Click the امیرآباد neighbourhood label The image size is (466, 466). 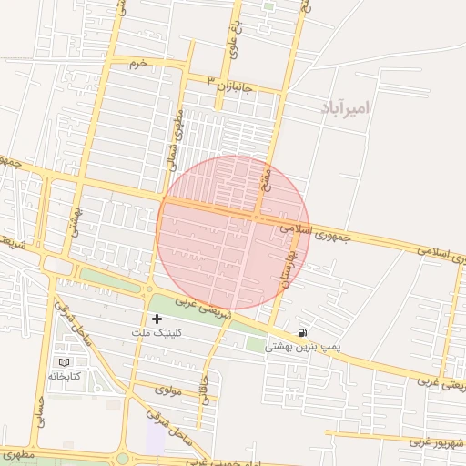pyautogui.click(x=346, y=107)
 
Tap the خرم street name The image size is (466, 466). pyautogui.click(x=138, y=64)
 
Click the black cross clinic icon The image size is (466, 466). pyautogui.click(x=157, y=319)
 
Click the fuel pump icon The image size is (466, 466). pyautogui.click(x=302, y=331)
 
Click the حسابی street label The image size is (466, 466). pyautogui.click(x=38, y=414)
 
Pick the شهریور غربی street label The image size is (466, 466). pyautogui.click(x=438, y=441)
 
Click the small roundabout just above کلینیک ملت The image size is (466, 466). pyautogui.click(x=148, y=290)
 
